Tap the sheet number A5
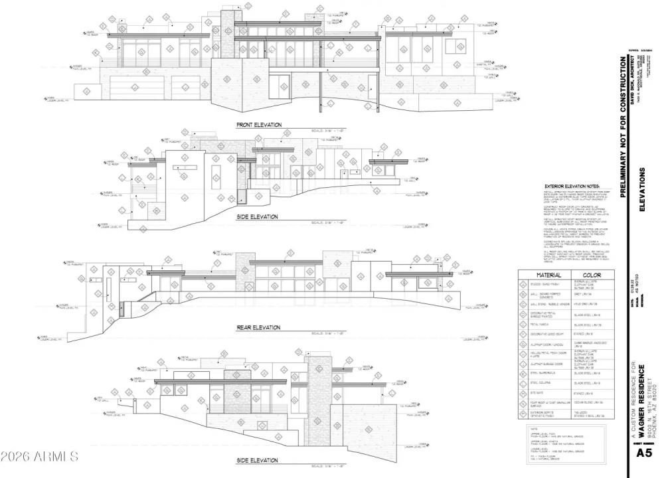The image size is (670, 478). tap(643, 453)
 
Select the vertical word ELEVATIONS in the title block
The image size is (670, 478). tap(642, 189)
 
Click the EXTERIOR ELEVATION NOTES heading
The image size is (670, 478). tap(572, 187)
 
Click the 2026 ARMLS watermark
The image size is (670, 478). tap(40, 457)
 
